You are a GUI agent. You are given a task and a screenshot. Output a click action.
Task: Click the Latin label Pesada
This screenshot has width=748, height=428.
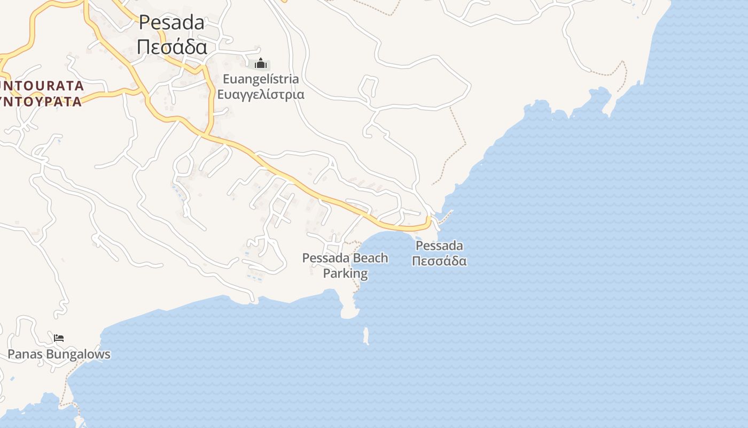tap(172, 22)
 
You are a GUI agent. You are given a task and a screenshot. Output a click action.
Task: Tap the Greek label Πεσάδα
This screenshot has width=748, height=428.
tap(172, 47)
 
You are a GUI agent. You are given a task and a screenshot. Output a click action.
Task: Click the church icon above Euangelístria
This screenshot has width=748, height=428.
tap(260, 64)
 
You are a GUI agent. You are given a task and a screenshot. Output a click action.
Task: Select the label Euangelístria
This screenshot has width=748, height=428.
tap(260, 79)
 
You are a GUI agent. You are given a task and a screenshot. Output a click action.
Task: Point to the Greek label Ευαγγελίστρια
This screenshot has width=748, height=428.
tap(260, 95)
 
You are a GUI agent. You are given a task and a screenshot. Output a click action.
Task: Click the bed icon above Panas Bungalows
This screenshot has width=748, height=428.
tap(59, 338)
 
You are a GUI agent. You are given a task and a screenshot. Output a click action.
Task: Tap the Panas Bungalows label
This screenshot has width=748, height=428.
tap(59, 354)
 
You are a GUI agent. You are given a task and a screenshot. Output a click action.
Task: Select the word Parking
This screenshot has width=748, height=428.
tap(345, 273)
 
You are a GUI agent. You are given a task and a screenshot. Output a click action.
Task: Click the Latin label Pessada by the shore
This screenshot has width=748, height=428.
tap(439, 246)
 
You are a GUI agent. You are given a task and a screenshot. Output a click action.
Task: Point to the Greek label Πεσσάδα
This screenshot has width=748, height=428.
tap(439, 261)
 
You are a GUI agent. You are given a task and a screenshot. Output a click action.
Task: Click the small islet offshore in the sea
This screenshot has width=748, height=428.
tap(366, 336)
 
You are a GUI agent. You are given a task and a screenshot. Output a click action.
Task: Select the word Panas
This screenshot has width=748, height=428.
tap(26, 354)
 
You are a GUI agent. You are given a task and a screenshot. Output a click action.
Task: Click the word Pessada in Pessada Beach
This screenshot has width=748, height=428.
tap(324, 258)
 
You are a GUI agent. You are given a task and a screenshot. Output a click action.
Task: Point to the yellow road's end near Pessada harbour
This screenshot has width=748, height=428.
tap(428, 221)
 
